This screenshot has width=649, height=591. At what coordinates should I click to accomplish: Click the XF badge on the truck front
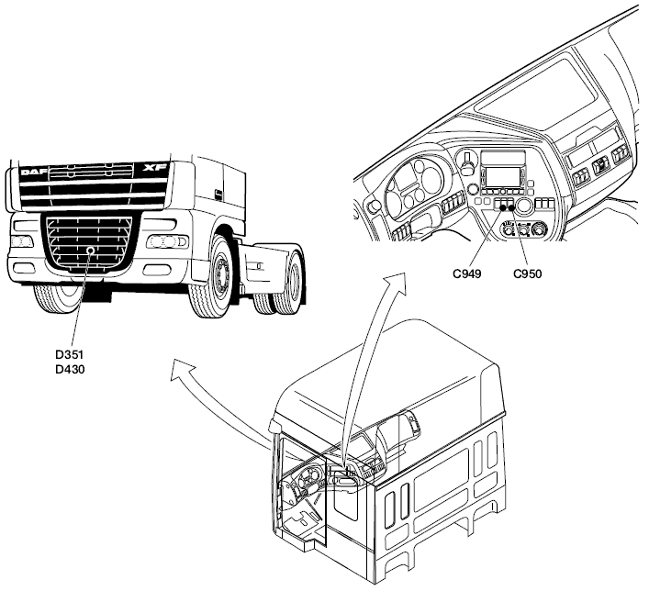coord(151,169)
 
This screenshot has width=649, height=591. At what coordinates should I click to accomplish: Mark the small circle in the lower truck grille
coord(90,251)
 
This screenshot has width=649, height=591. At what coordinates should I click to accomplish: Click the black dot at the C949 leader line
coord(503,207)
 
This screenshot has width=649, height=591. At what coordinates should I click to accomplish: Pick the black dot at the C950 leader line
coord(512,207)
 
